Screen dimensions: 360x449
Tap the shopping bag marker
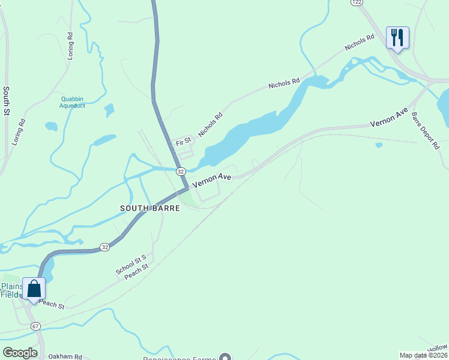click(34, 289)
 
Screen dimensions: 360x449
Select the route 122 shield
click(357, 2)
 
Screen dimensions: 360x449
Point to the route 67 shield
click(36, 326)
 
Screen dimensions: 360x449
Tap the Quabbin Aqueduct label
click(72, 102)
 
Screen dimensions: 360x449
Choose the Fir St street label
click(183, 142)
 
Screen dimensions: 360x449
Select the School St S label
click(131, 265)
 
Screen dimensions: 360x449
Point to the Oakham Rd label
click(65, 356)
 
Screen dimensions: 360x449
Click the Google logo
click(20, 352)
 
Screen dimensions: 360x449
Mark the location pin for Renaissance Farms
click(225, 357)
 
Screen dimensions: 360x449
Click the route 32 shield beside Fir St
click(181, 171)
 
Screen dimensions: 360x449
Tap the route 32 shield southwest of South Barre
click(104, 247)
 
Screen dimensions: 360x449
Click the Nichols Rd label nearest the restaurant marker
click(359, 43)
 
